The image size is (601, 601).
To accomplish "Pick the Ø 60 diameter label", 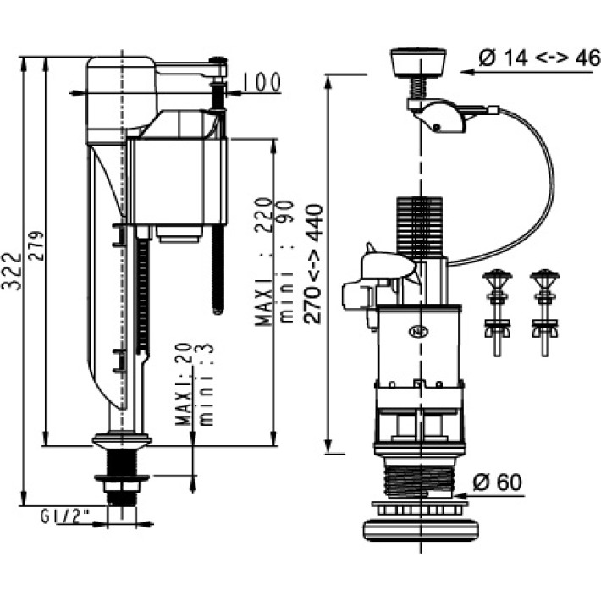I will [498, 483].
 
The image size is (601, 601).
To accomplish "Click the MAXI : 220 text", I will [263, 262].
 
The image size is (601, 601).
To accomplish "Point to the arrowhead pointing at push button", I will [465, 74].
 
